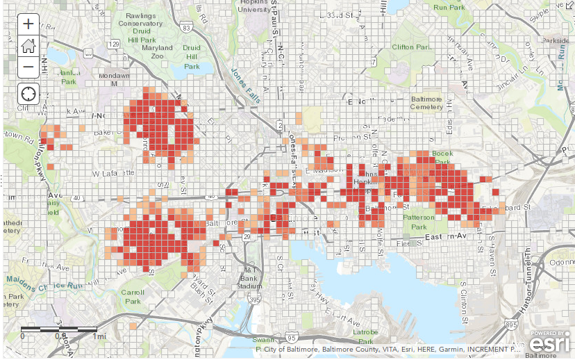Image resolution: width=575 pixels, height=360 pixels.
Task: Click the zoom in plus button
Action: pos(28,24)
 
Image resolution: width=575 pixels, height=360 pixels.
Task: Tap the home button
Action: pos(28,45)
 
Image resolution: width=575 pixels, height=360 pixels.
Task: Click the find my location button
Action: pos(28,93)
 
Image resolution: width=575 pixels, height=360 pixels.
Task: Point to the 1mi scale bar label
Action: pos(101,336)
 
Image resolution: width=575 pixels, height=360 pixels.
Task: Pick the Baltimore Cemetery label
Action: pos(426,103)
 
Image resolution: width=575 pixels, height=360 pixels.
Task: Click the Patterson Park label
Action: pos(419,222)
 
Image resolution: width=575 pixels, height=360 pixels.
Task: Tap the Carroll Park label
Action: pos(133,297)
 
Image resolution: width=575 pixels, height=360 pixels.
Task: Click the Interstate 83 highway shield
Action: pos(188,27)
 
